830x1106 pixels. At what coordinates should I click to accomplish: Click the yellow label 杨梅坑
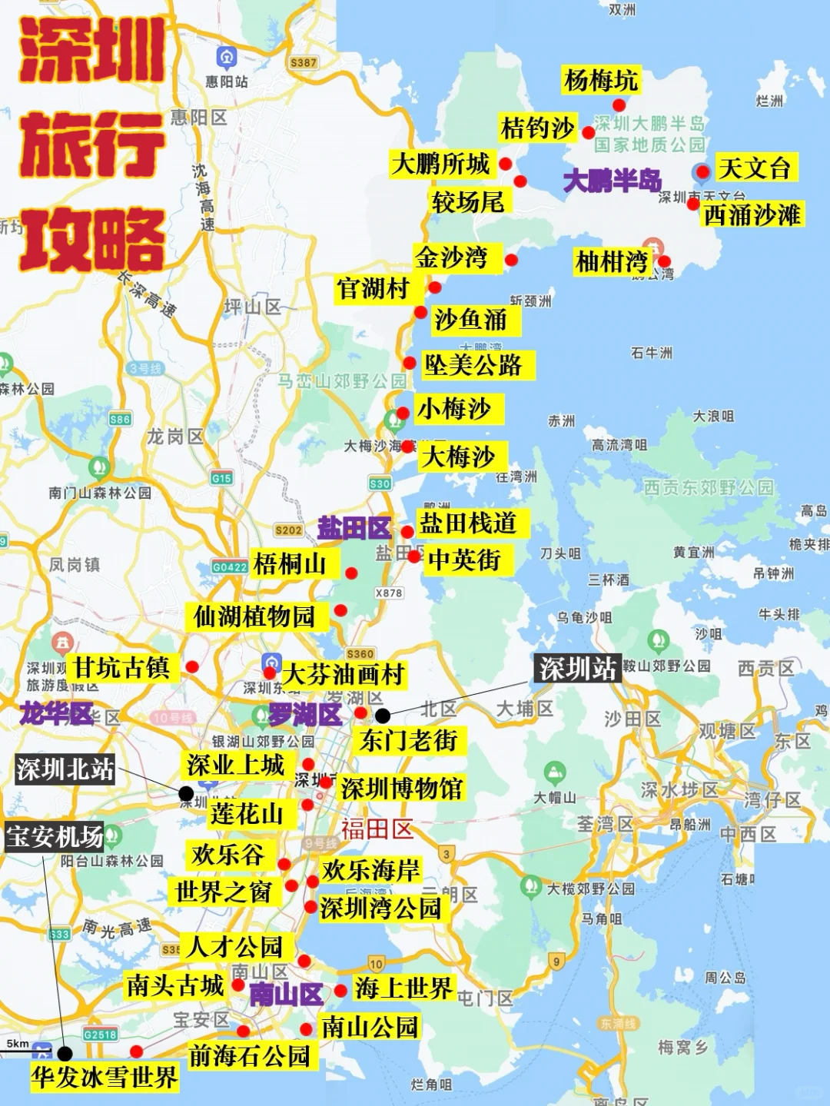(600, 80)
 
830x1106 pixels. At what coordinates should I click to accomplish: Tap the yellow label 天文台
(754, 168)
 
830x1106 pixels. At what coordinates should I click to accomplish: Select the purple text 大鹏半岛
(612, 181)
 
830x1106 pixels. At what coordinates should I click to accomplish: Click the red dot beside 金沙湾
(511, 260)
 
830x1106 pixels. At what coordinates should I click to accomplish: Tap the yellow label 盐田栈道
(467, 523)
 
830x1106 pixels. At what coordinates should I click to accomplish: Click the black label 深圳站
(577, 669)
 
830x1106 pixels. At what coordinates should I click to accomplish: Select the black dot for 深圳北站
(186, 793)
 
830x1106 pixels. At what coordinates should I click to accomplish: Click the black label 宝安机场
(54, 836)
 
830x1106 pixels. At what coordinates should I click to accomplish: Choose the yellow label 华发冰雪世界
(105, 1077)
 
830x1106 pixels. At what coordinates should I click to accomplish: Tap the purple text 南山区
(286, 995)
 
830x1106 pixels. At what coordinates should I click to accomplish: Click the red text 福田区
(377, 829)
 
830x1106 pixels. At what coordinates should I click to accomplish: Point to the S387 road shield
(304, 62)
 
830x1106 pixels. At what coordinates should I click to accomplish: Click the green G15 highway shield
(221, 478)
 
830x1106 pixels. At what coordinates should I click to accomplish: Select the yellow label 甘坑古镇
(121, 667)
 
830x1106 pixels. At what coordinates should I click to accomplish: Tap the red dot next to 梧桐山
(351, 573)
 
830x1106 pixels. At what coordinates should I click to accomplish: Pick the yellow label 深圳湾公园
(380, 908)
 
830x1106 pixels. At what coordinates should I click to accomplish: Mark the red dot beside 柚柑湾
(664, 261)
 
